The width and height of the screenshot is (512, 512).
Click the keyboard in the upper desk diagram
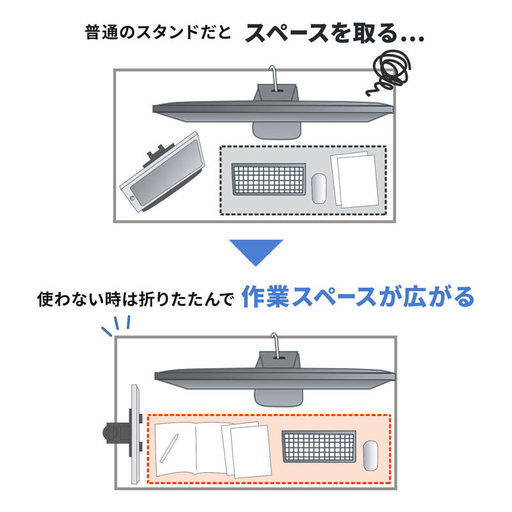pyautogui.click(x=268, y=181)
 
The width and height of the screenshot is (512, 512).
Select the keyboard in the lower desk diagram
pyautogui.click(x=319, y=447)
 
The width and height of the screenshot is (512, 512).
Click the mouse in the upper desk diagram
pyautogui.click(x=319, y=188)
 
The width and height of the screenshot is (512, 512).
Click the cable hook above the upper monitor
pyautogui.click(x=274, y=75)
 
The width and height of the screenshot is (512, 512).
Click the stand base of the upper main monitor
pyautogui.click(x=276, y=128)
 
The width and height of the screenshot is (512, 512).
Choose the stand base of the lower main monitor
pyautogui.click(x=276, y=397)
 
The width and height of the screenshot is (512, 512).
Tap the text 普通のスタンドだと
pyautogui.click(x=156, y=33)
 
